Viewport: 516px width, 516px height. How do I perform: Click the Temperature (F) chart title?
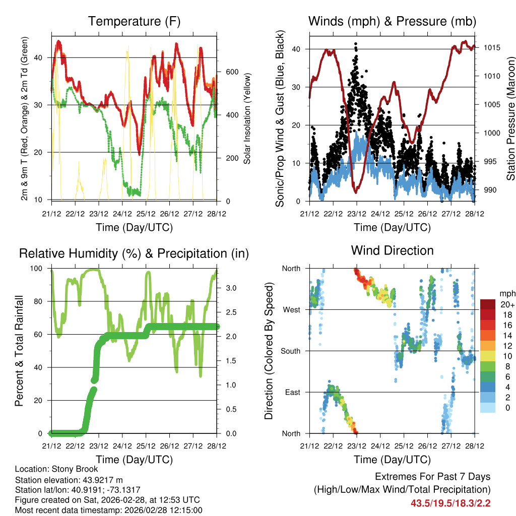click(x=134, y=22)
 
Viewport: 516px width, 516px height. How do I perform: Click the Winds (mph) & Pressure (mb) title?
click(x=392, y=22)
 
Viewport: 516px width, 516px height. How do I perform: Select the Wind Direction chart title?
click(x=392, y=250)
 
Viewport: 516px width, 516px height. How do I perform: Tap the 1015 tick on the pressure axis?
click(x=491, y=48)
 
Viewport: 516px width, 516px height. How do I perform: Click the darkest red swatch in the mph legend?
click(x=487, y=304)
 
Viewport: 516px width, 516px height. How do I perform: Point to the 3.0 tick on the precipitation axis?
click(x=231, y=288)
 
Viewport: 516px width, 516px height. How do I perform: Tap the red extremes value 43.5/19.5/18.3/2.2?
click(x=450, y=503)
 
